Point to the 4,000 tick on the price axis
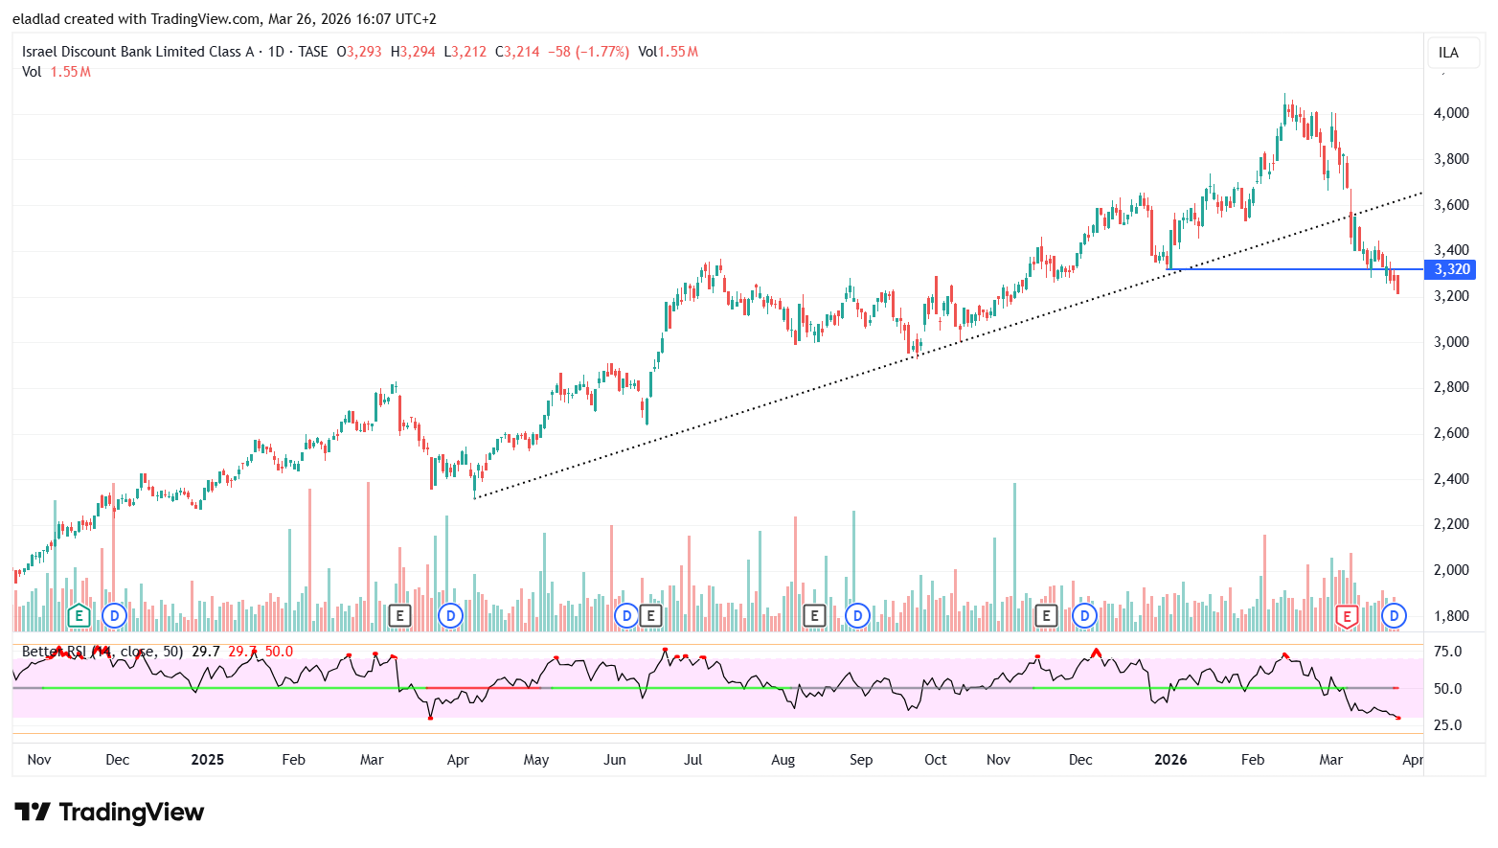[x=1450, y=113]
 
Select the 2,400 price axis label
[x=1450, y=479]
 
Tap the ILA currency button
[x=1448, y=53]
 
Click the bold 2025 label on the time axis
[x=207, y=760]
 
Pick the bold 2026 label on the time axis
[x=1170, y=760]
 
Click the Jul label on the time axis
[x=692, y=760]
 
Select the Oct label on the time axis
[x=935, y=760]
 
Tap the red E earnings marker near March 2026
[x=1347, y=616]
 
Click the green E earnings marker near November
[x=79, y=615]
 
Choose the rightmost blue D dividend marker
[x=1394, y=615]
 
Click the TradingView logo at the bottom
[x=109, y=813]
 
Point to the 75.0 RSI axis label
[x=1447, y=652]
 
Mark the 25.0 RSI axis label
[x=1447, y=725]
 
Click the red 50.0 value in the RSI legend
[x=279, y=652]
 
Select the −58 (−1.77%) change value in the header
[x=588, y=52]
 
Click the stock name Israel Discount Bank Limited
[x=138, y=52]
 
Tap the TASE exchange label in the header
[x=312, y=52]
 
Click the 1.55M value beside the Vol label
[x=70, y=72]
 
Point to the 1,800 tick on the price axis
[x=1450, y=616]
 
